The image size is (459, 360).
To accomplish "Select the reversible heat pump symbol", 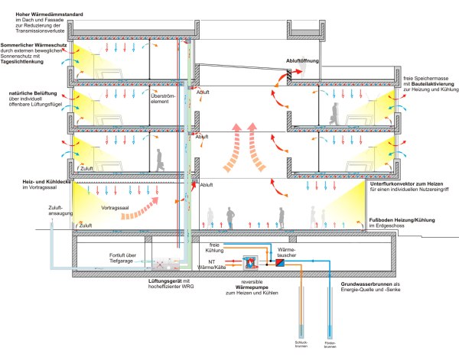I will click(x=249, y=261).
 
